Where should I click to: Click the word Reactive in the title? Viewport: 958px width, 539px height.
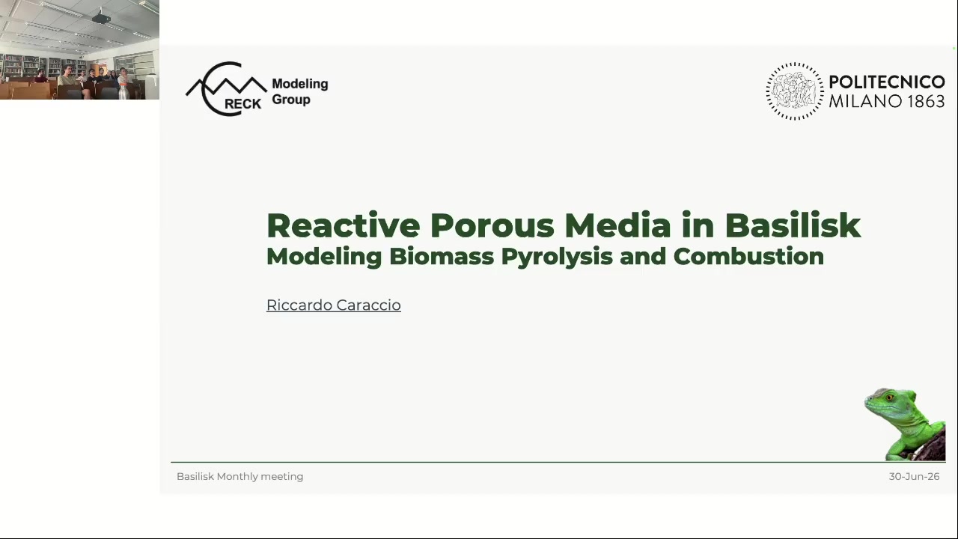click(344, 225)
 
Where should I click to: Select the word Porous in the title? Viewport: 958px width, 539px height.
click(492, 225)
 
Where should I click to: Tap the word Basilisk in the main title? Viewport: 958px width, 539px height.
click(793, 225)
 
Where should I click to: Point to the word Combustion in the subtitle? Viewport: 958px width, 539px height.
click(748, 256)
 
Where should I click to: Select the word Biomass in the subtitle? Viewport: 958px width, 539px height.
click(442, 256)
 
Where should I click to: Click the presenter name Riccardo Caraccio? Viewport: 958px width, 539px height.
click(334, 305)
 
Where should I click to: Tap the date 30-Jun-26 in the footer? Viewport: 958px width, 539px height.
click(914, 477)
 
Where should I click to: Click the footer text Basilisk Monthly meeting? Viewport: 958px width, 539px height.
click(240, 477)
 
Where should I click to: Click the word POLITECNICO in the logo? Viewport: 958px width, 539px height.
click(887, 82)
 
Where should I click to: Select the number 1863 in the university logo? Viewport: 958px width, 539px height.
click(926, 101)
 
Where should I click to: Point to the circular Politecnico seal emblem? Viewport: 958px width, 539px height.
click(795, 91)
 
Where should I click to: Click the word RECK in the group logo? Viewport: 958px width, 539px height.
click(243, 104)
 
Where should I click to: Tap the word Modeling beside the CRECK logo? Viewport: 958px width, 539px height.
click(300, 85)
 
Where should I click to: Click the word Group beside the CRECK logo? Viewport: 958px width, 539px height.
click(291, 100)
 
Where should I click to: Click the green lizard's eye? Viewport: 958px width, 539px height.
click(890, 398)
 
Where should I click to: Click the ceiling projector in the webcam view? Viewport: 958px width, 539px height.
click(101, 18)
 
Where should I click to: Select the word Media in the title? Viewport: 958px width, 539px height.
click(618, 225)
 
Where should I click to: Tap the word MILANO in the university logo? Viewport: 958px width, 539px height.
click(866, 101)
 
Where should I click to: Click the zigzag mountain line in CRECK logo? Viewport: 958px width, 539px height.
click(226, 86)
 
